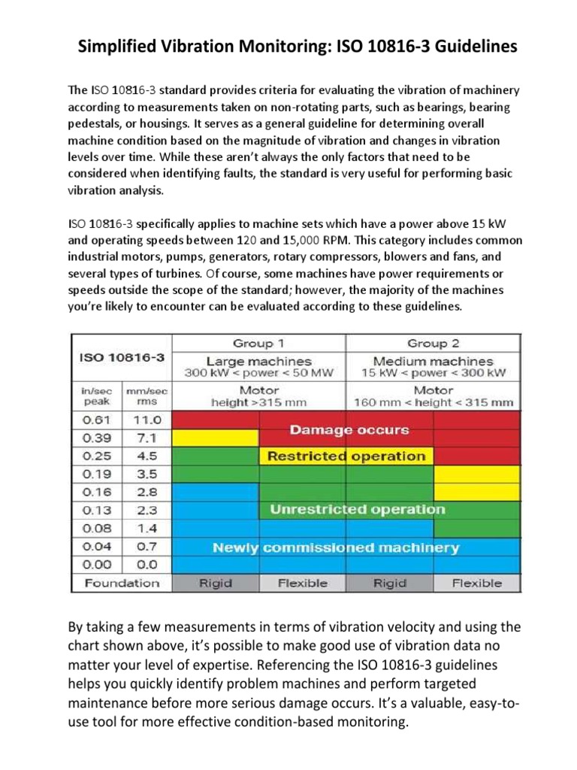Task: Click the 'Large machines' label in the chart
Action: (x=259, y=361)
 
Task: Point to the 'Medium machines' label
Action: (x=431, y=361)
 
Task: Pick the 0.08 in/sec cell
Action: (x=95, y=528)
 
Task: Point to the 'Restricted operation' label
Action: (x=346, y=456)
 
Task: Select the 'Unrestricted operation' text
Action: (x=357, y=510)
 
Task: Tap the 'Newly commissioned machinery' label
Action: (x=335, y=547)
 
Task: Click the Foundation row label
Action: (x=122, y=583)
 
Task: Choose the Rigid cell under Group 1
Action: (x=216, y=583)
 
